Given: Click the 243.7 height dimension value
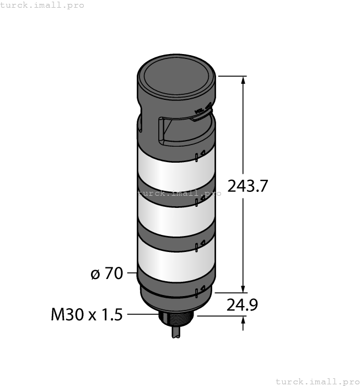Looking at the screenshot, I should pyautogui.click(x=248, y=186).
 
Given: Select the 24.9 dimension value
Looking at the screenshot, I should pyautogui.click(x=243, y=304).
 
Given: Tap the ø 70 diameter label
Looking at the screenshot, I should pyautogui.click(x=107, y=273).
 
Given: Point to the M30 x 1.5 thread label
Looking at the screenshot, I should pyautogui.click(x=87, y=315).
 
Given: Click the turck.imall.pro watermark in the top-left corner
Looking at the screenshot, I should pyautogui.click(x=42, y=5).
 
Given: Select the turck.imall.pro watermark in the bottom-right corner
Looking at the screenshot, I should pyautogui.click(x=316, y=381).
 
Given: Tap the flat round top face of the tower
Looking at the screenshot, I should pyautogui.click(x=176, y=74).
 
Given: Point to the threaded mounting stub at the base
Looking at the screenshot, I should pyautogui.click(x=176, y=319).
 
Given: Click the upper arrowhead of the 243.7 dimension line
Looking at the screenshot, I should pyautogui.click(x=243, y=81).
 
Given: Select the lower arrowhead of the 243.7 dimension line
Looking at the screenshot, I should pyautogui.click(x=243, y=288).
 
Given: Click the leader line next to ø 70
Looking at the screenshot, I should pyautogui.click(x=131, y=273).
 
